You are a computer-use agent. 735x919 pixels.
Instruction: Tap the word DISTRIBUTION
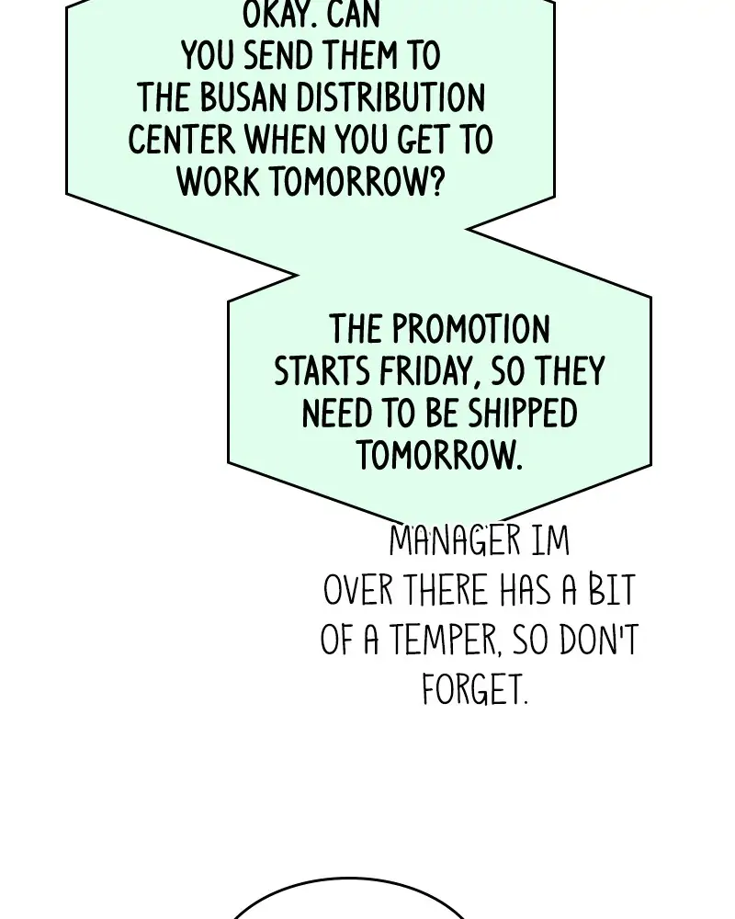point(390,97)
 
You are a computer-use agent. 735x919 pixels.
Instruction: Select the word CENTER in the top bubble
point(181,140)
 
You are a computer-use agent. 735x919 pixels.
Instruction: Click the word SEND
point(279,56)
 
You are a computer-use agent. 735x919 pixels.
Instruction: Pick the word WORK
point(218,181)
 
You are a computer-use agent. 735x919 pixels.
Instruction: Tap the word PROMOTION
point(470,329)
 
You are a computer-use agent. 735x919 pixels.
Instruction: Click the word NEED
point(337,413)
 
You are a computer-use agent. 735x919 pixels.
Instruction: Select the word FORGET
point(474,689)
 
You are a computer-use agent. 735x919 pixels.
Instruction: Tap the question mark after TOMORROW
point(435,181)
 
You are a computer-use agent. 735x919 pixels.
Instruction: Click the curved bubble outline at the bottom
point(348,879)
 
